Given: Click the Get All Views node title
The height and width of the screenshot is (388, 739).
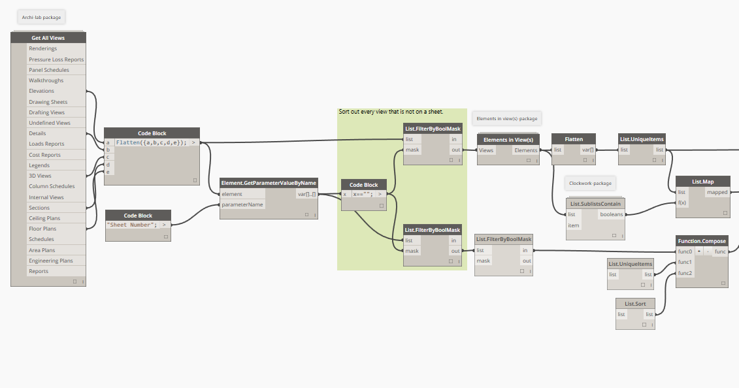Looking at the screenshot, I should (x=48, y=38).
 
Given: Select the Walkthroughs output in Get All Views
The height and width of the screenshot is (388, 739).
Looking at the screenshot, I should (x=46, y=80).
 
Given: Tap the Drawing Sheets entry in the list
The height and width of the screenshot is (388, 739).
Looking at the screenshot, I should (x=48, y=102).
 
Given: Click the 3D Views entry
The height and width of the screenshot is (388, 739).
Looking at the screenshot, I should (x=40, y=176).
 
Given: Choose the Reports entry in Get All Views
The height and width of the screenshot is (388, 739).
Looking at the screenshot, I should (x=39, y=271).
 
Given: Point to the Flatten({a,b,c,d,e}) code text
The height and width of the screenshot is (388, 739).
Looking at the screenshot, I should (x=151, y=142).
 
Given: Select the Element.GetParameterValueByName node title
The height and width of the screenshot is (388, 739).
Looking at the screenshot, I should (x=269, y=183).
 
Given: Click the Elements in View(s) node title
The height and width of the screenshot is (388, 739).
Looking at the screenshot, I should (x=508, y=139).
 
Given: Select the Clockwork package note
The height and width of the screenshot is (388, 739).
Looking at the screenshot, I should (x=590, y=183).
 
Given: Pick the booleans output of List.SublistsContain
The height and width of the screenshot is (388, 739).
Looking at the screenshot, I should (x=611, y=214).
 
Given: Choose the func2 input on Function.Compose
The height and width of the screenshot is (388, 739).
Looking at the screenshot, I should (x=685, y=273).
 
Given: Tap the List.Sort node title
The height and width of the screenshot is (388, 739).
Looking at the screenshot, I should (x=635, y=304).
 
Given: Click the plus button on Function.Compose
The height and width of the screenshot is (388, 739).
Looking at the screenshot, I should (x=699, y=251).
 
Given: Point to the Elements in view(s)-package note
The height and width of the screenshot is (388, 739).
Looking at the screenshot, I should (x=506, y=119).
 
